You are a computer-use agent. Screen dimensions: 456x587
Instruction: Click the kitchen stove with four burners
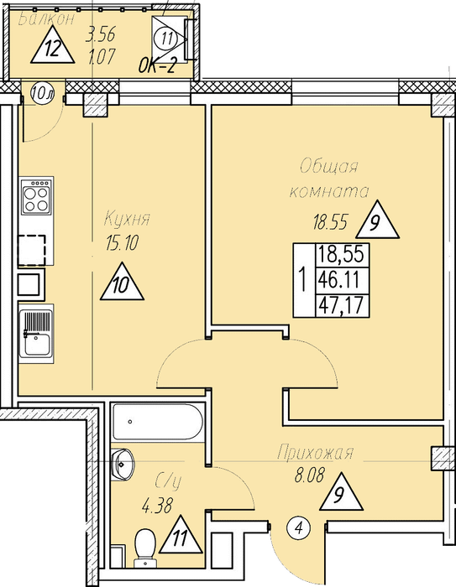tap(36, 196)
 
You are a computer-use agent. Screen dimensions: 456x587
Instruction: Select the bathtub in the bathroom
tap(158, 422)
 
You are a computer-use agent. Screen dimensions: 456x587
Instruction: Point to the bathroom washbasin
tap(123, 464)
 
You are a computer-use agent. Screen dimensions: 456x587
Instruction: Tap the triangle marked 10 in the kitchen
tap(122, 283)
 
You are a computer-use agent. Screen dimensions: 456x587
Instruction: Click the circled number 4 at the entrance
tap(298, 528)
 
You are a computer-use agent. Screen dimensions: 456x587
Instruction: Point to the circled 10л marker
tap(42, 93)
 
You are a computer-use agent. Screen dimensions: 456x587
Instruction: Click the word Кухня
tap(127, 218)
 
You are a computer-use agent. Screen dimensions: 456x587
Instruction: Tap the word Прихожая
tap(316, 452)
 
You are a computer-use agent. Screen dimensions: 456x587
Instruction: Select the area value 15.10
tap(123, 243)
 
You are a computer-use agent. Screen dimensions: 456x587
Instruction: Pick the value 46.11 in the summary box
tap(340, 279)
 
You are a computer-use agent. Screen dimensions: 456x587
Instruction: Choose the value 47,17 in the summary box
tap(341, 305)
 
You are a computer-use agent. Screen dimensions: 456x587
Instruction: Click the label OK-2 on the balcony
tap(157, 66)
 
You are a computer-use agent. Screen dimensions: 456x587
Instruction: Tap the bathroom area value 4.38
tap(157, 506)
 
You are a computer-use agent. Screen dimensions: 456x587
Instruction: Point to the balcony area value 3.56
tap(100, 35)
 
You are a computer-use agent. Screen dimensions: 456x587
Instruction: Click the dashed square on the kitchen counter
tap(32, 250)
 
